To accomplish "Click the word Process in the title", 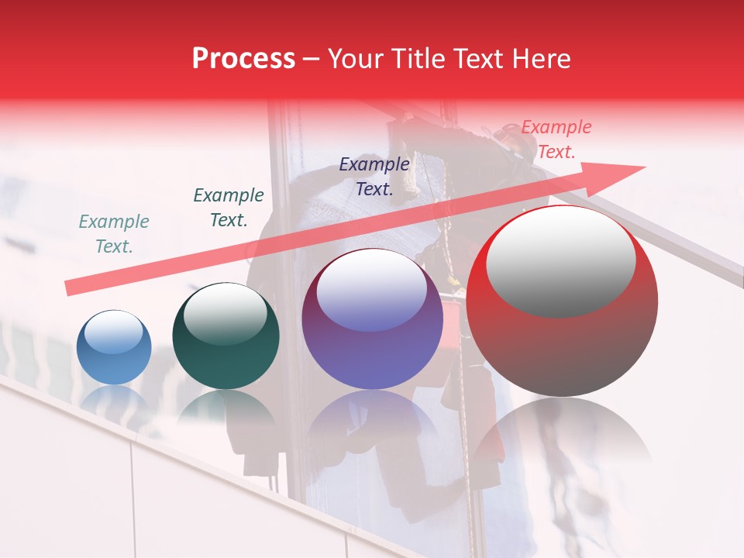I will (243, 59).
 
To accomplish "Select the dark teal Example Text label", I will (228, 208).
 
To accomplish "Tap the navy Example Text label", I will (374, 176).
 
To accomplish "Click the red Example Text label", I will (556, 139).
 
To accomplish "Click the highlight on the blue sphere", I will (114, 332).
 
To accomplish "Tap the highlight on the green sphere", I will (225, 314).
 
